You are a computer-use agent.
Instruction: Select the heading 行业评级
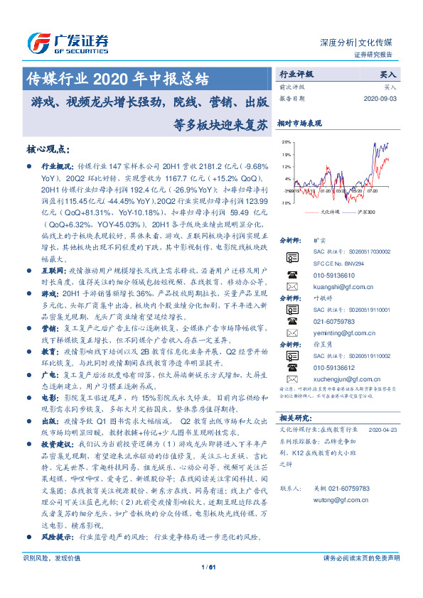click(x=295, y=73)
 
